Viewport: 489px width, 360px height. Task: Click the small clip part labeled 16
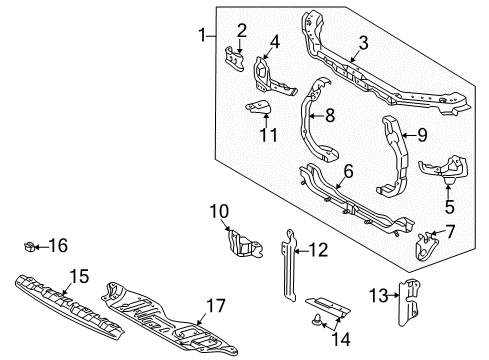[31, 244]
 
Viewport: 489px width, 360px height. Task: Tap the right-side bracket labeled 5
[444, 169]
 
